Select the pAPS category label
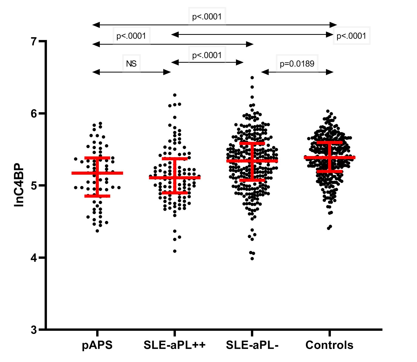97,345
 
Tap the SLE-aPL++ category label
175,345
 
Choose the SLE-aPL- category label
252,345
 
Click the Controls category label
329,345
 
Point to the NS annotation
131,63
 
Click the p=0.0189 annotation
297,63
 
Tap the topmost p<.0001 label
207,17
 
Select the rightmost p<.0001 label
351,36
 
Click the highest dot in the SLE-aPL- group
252,77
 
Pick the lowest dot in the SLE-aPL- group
252,259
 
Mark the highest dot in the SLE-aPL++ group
175,95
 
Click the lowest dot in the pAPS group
97,231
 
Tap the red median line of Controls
329,157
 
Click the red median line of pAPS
97,173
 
